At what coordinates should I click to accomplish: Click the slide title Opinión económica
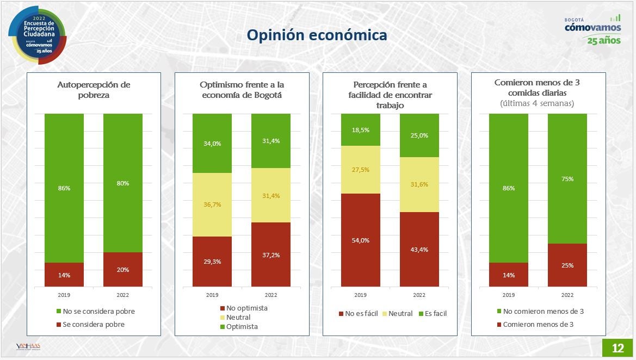tap(317, 35)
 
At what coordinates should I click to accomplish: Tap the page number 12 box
tap(618, 348)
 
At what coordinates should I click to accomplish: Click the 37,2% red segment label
tap(270, 255)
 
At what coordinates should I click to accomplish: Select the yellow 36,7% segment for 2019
tap(212, 204)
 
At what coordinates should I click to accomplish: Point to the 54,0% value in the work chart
tap(360, 240)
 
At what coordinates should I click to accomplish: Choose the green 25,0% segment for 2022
tap(419, 135)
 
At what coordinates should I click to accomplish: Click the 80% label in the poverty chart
tap(123, 183)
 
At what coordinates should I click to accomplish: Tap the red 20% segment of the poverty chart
tap(123, 270)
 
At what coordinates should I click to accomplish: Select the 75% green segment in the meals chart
tap(567, 178)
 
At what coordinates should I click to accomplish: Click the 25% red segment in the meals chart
tap(567, 265)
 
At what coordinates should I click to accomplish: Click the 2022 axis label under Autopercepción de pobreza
tap(123, 295)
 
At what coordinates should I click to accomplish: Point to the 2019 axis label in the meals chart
tap(508, 295)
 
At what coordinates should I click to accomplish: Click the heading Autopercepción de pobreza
tap(94, 90)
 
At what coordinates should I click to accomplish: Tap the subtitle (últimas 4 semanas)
tap(537, 103)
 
